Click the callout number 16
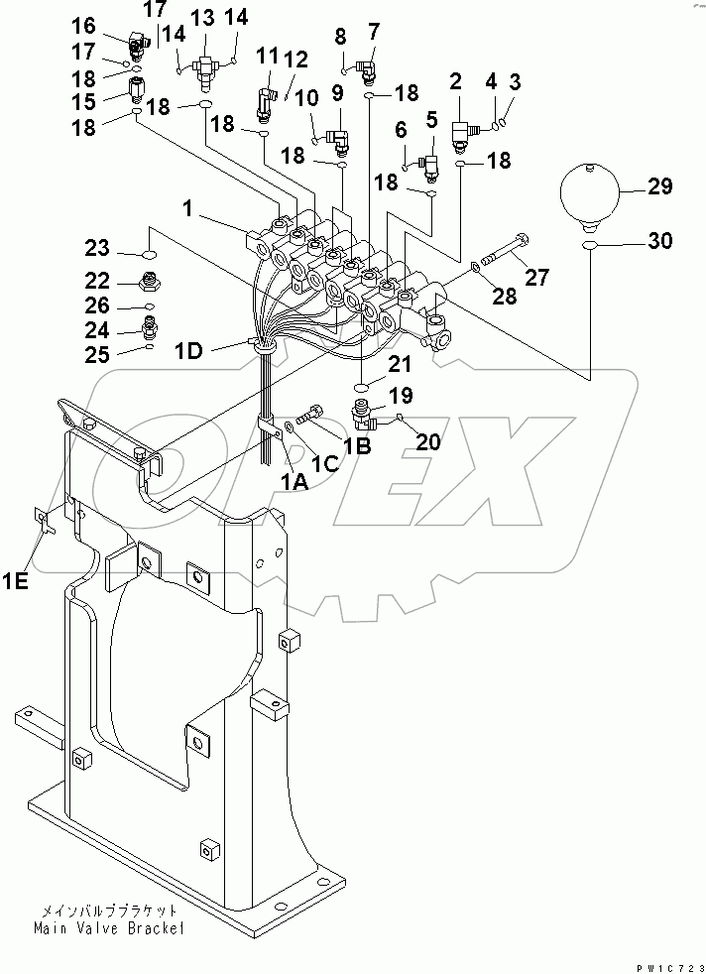pyautogui.click(x=84, y=25)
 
